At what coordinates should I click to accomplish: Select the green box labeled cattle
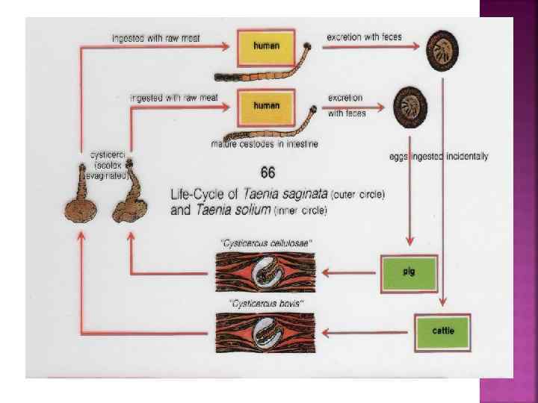(x=443, y=329)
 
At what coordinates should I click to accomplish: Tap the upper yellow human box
(x=266, y=46)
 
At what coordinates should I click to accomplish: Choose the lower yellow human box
(x=266, y=107)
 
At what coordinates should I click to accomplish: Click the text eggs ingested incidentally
(x=439, y=157)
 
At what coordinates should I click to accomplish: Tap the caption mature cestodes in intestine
(x=265, y=144)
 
